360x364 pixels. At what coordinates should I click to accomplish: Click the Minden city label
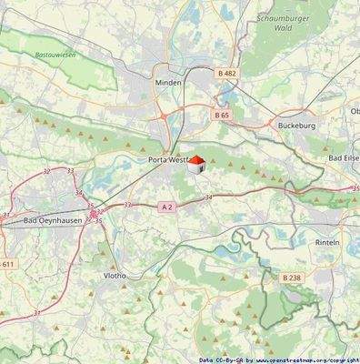pos(168,82)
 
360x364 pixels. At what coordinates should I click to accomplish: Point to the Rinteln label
pos(326,243)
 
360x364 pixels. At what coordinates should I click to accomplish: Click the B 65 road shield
pos(222,116)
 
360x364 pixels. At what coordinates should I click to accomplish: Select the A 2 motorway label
pos(166,207)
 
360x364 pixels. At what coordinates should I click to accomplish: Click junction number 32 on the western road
pos(46,171)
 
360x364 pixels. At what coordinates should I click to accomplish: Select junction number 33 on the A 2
pos(127,205)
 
